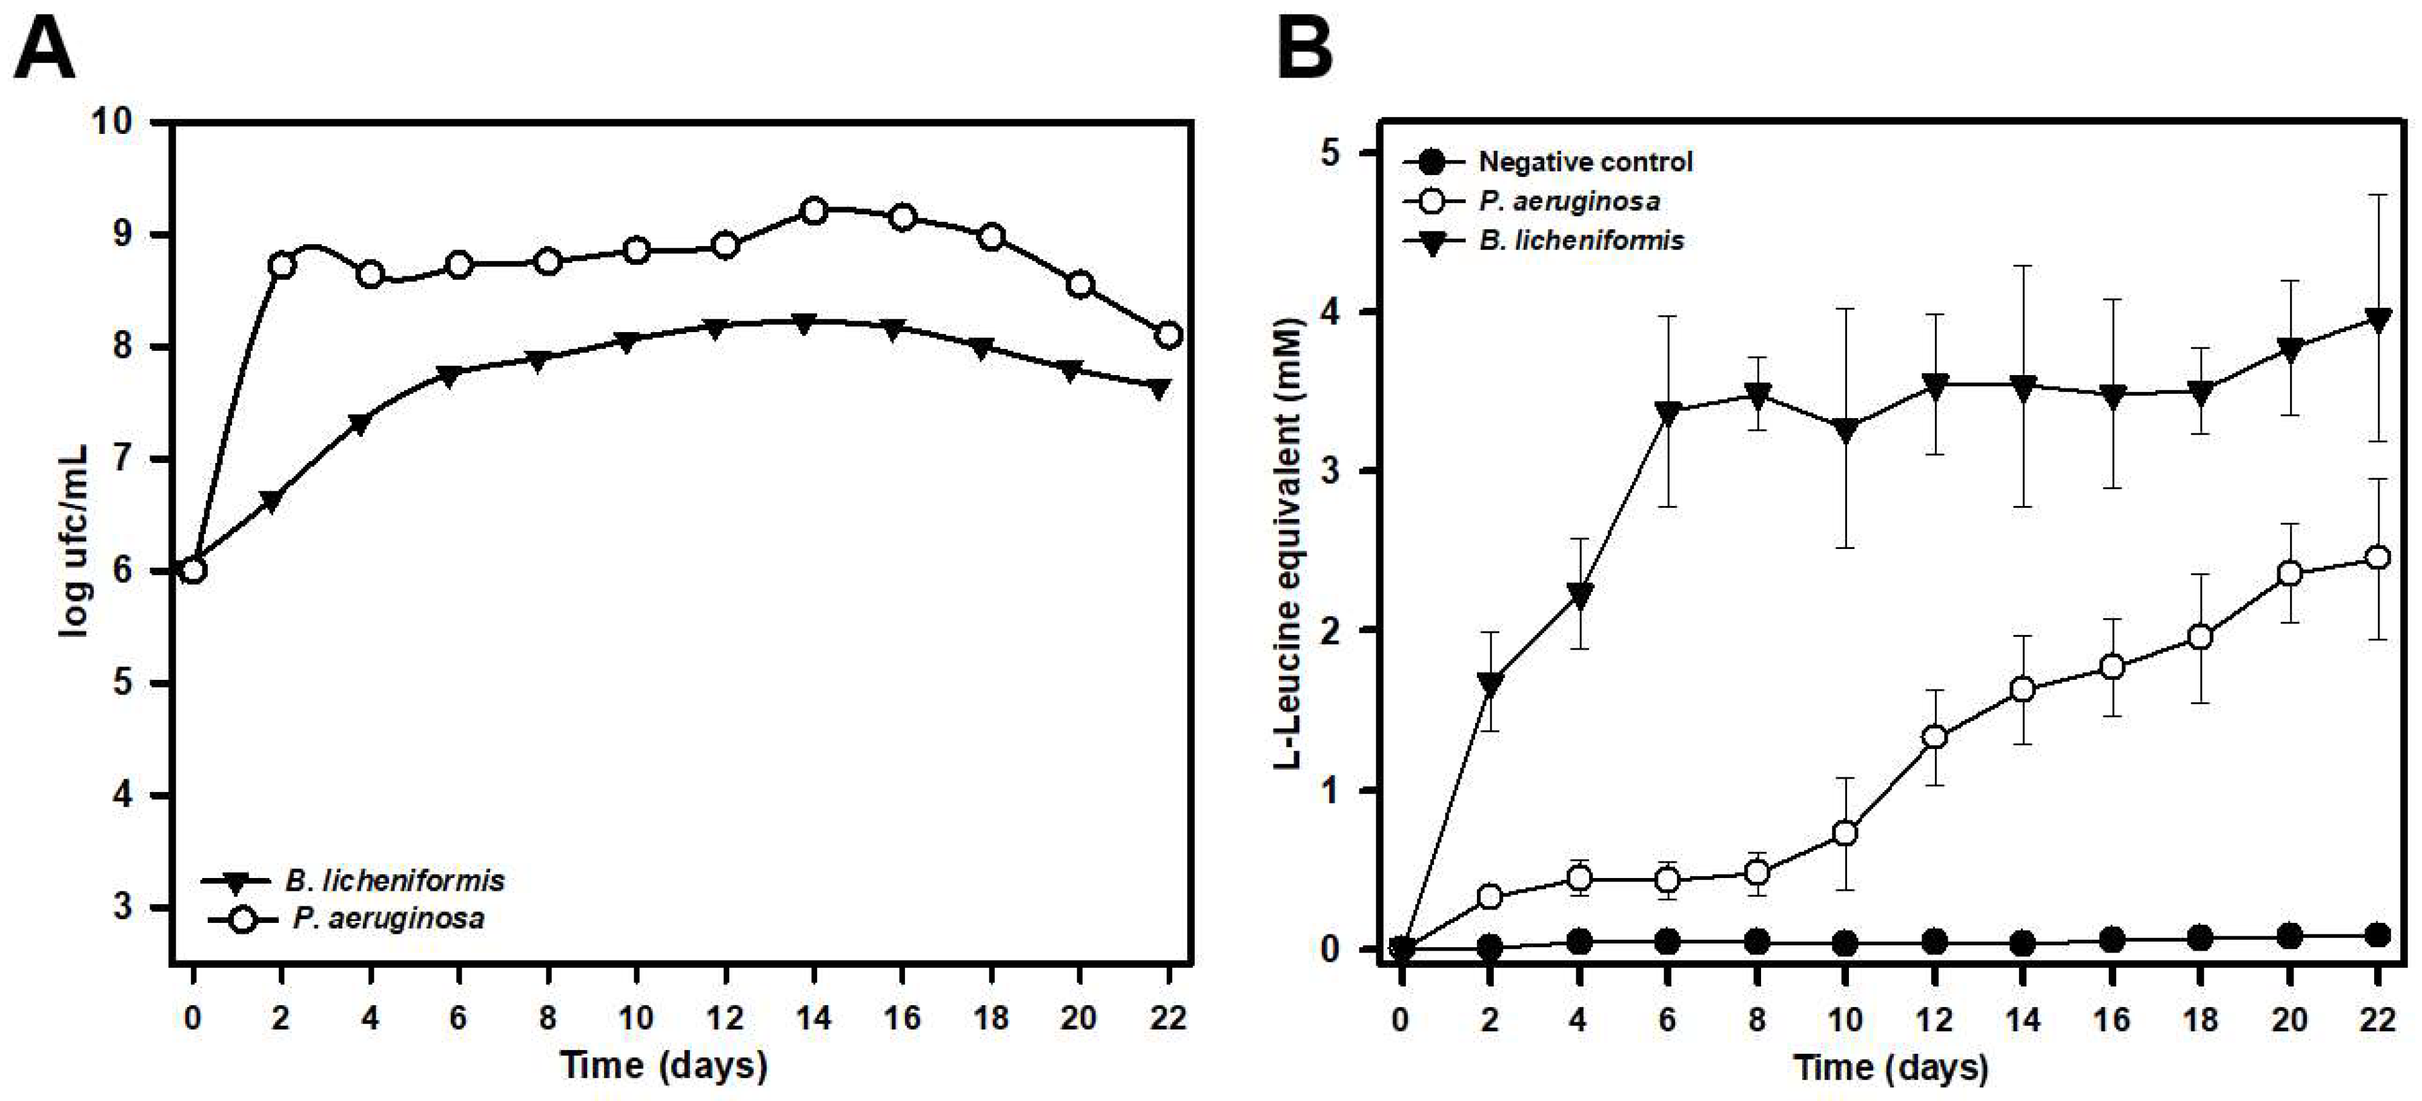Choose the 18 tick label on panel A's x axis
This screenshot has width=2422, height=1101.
click(990, 1017)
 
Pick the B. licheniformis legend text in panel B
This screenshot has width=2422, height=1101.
click(1581, 241)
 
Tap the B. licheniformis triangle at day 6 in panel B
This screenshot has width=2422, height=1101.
click(1668, 412)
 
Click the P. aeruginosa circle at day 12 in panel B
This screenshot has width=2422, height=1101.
click(1934, 737)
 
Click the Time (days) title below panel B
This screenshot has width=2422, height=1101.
click(1890, 1067)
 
